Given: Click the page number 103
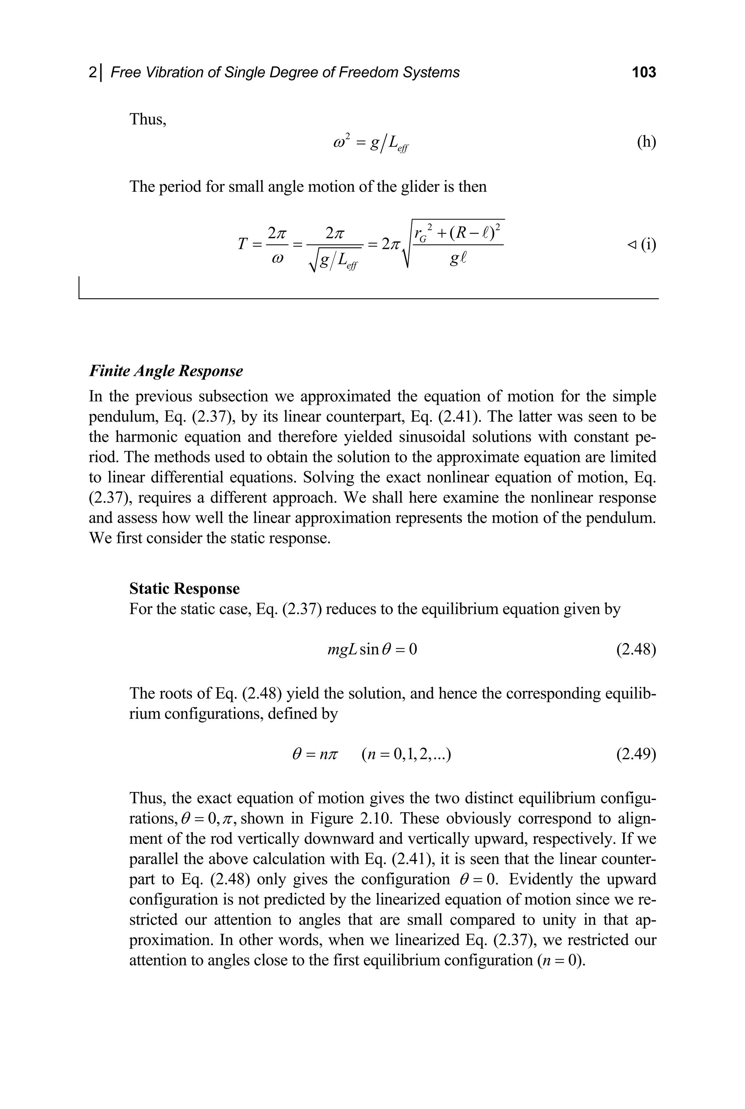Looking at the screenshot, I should [x=644, y=72].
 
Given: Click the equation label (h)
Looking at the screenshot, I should [x=646, y=142].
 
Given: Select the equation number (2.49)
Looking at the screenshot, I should [x=636, y=754].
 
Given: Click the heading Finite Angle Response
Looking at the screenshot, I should [x=166, y=371].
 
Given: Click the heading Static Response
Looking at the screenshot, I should [x=184, y=589].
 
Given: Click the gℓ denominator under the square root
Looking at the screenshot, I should [x=458, y=260].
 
